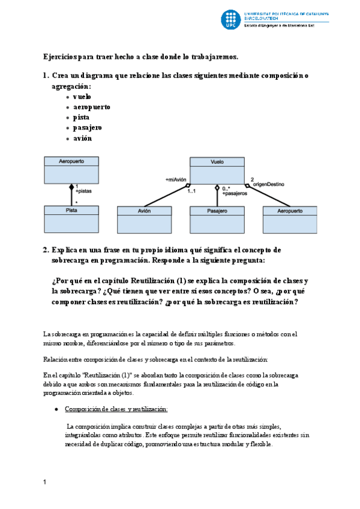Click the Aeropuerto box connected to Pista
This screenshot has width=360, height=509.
[71, 170]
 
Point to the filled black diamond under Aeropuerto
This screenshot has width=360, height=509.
[71, 187]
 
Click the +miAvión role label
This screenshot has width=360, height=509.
[176, 179]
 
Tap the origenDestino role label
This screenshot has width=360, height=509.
[267, 184]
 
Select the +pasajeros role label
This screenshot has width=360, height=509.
[234, 194]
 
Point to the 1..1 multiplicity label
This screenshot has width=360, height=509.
[192, 191]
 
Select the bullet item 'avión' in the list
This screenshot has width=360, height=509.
[82, 138]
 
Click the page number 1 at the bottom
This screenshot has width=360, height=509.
[45, 482]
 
